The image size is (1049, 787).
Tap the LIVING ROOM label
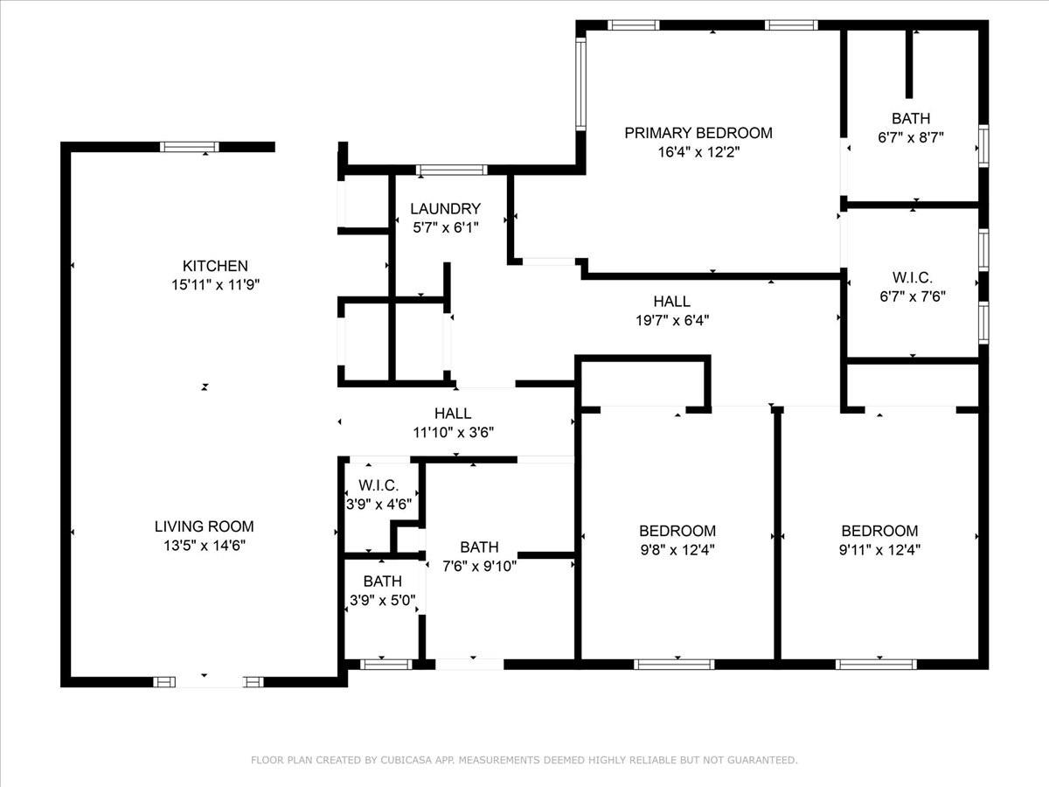coord(205,526)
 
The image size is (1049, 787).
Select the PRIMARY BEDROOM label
coord(698,133)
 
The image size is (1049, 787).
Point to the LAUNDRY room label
coord(445,209)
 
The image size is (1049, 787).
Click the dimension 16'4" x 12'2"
coord(698,152)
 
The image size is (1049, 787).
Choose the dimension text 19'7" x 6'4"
coord(671,320)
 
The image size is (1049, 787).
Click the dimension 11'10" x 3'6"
coord(453,432)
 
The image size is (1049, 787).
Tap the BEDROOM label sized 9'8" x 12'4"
coord(677,531)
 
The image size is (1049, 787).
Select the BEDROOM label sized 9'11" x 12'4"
coord(879,531)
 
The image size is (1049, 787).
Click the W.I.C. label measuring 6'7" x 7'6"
coord(912,277)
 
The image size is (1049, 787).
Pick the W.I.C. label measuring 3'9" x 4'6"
coord(379,485)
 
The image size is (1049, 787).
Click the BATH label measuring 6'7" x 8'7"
coord(911,118)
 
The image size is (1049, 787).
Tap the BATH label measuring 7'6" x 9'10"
coord(479,547)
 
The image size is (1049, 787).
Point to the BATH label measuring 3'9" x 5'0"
coord(383,582)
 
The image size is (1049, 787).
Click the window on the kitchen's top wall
coord(190,147)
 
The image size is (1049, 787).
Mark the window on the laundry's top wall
coord(451,170)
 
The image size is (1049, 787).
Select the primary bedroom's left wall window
coord(580,84)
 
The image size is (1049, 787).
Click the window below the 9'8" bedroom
coord(674,665)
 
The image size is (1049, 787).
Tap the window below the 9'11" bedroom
coord(876,665)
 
